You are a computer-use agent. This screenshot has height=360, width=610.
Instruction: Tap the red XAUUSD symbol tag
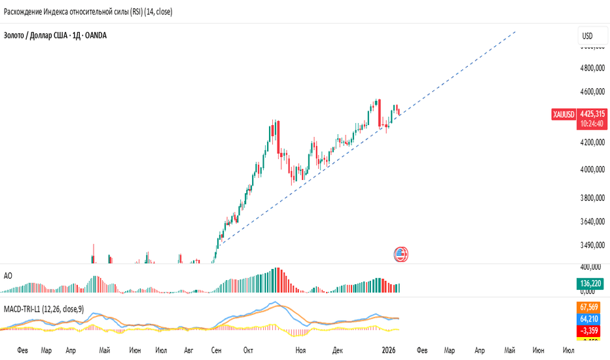(x=564, y=115)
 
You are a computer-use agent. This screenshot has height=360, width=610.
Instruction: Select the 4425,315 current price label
(x=592, y=113)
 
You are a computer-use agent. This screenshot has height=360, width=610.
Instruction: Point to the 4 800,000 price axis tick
(x=592, y=67)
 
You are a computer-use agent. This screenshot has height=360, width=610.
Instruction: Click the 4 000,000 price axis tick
(x=592, y=170)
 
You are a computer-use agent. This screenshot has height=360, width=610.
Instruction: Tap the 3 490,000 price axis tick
(x=592, y=245)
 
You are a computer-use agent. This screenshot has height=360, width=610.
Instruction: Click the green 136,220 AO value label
(x=591, y=283)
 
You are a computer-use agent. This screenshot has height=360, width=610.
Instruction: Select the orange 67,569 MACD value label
(x=591, y=307)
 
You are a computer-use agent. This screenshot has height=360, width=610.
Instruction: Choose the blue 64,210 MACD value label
(x=591, y=319)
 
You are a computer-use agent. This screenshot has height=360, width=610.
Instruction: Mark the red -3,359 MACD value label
(x=591, y=330)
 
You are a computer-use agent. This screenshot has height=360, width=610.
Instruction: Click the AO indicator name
(x=8, y=276)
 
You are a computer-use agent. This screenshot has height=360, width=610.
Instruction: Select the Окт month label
(x=248, y=351)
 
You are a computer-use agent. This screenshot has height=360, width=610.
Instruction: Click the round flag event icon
(x=401, y=255)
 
